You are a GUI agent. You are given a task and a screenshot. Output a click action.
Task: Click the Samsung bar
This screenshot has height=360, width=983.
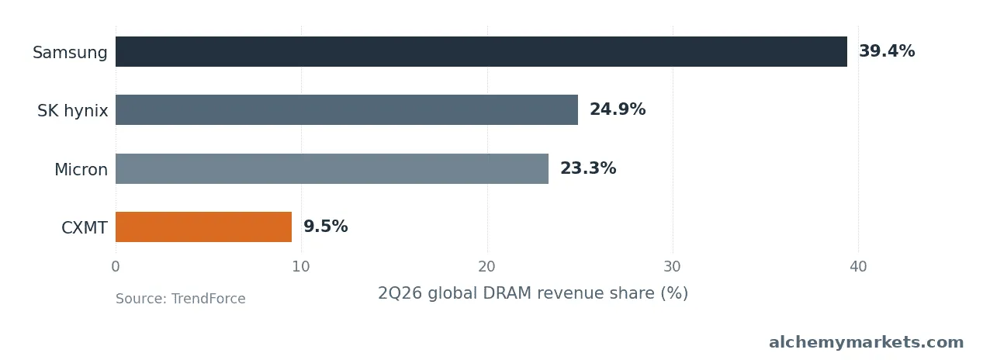click(481, 52)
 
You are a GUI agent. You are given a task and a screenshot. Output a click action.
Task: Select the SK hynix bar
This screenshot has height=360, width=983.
click(347, 109)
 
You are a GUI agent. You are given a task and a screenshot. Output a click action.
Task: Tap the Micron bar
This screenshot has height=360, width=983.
click(332, 168)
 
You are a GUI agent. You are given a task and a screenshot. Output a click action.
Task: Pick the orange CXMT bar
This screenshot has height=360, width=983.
click(203, 227)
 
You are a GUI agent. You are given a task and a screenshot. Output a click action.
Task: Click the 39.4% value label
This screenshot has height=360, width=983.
click(887, 51)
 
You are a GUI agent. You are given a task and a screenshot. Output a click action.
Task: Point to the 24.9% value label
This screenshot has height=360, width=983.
click(618, 109)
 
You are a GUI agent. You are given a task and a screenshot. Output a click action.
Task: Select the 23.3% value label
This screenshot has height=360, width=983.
click(588, 168)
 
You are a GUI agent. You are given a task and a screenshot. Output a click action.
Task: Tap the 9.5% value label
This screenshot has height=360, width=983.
click(326, 227)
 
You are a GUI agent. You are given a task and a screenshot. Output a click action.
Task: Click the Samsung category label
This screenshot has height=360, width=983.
click(70, 52)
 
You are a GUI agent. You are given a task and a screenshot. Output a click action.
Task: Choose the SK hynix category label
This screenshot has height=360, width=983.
click(72, 111)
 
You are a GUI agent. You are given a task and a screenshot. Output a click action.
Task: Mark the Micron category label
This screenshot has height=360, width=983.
click(81, 169)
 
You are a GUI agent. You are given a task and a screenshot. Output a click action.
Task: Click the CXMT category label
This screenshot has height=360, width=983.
click(85, 228)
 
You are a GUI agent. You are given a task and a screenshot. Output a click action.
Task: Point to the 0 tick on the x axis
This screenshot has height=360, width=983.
click(116, 266)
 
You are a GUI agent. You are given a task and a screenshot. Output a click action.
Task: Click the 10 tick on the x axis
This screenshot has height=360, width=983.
click(301, 266)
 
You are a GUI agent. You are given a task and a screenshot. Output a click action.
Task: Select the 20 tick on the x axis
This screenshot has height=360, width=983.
click(486, 266)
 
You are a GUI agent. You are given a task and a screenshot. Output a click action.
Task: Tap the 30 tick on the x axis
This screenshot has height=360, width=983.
click(673, 266)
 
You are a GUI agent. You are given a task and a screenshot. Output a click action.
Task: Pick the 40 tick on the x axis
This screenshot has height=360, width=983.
click(858, 266)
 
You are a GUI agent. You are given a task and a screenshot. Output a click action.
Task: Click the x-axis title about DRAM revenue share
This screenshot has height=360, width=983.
click(533, 293)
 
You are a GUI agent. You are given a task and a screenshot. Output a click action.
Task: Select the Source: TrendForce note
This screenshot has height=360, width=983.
click(180, 299)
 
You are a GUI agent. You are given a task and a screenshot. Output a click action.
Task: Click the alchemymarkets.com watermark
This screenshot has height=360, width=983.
click(867, 342)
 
